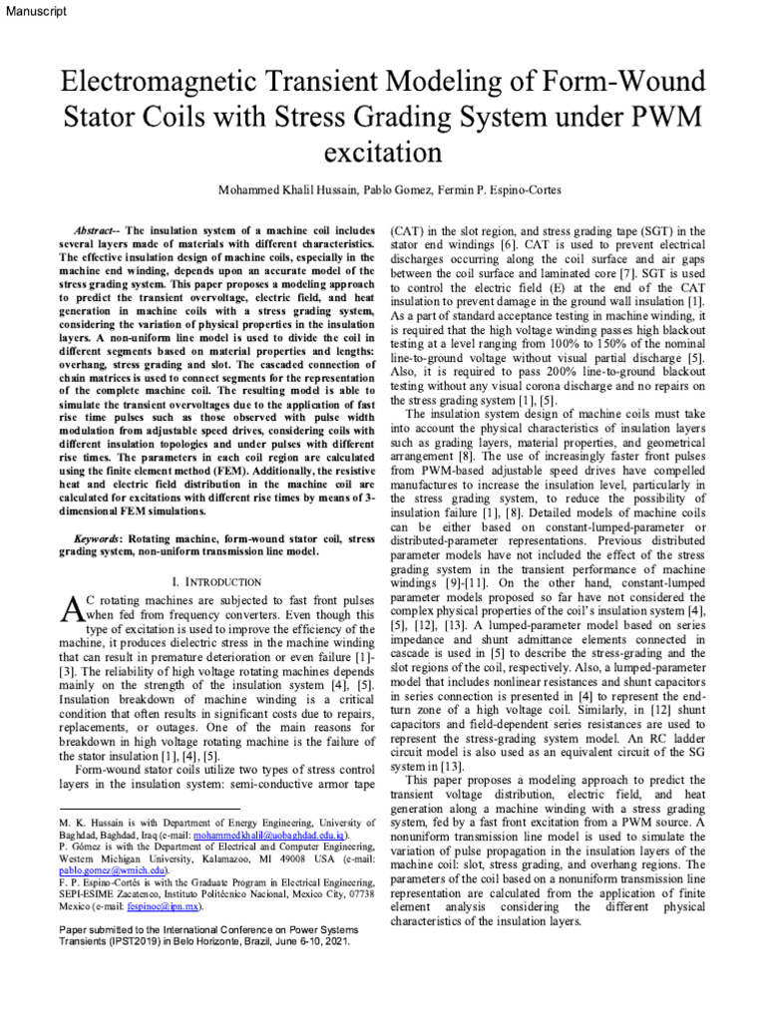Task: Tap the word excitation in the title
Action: [383, 153]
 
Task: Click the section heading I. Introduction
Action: [210, 581]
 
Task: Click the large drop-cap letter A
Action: [69, 609]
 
